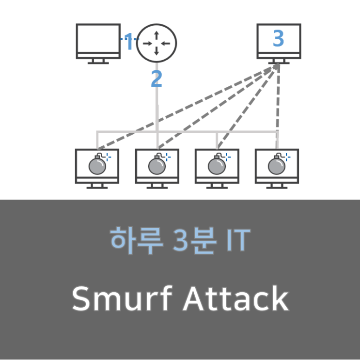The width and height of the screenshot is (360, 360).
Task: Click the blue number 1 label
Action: coord(129,43)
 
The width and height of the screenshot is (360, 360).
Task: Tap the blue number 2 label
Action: coord(156,79)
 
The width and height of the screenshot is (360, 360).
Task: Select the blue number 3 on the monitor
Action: coord(278,39)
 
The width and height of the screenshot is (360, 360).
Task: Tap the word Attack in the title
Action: coord(235,299)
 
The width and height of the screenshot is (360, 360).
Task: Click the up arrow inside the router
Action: coord(156,35)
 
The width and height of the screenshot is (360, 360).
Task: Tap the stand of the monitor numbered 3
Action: coord(278,61)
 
